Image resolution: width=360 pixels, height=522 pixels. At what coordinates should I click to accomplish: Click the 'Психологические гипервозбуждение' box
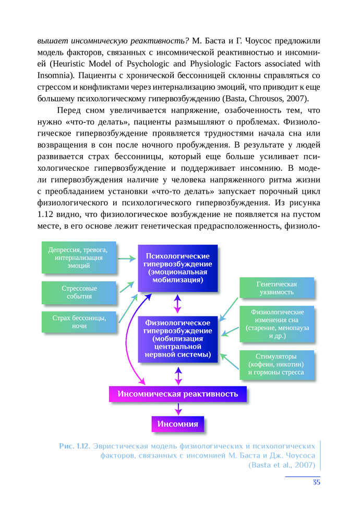click(x=177, y=268)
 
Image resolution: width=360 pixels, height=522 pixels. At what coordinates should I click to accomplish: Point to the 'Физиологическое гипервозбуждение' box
click(x=177, y=338)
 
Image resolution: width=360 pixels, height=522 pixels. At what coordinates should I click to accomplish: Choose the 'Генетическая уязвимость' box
click(x=277, y=288)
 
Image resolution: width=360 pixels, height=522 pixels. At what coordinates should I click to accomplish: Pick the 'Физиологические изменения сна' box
click(x=277, y=324)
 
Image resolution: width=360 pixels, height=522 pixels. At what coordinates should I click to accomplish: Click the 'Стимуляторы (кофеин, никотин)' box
click(x=277, y=364)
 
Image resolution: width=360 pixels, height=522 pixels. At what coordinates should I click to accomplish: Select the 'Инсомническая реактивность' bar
click(x=178, y=394)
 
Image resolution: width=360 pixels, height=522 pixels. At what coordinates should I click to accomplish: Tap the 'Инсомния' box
click(x=178, y=423)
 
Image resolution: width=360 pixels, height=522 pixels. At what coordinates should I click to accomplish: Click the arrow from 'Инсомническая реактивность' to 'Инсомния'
click(x=178, y=409)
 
